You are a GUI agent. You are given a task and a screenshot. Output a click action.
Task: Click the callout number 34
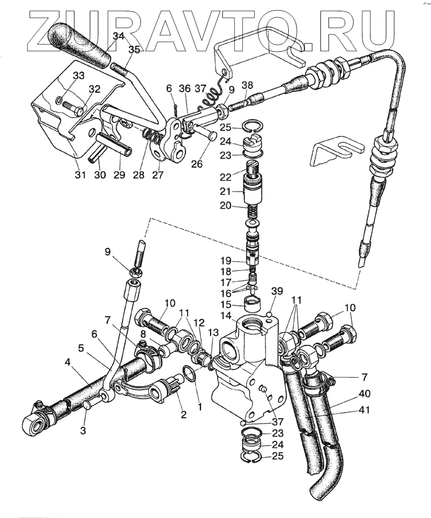point(119,37)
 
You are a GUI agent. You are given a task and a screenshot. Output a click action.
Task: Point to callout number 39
point(276,291)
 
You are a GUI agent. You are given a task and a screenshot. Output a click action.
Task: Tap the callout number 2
point(183,414)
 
